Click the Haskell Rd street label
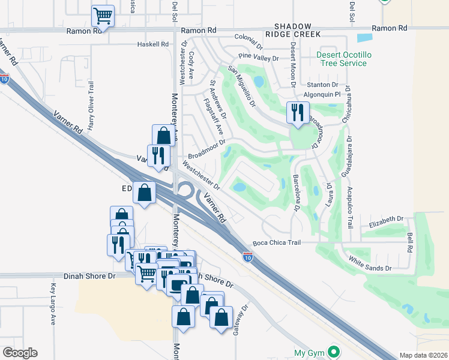pyautogui.click(x=152, y=44)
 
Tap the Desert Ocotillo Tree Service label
pyautogui.click(x=342, y=59)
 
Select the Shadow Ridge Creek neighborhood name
pyautogui.click(x=294, y=31)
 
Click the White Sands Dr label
pyautogui.click(x=370, y=263)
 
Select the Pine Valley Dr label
pyautogui.click(x=259, y=58)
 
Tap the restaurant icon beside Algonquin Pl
pyautogui.click(x=297, y=113)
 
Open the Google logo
pyautogui.click(x=20, y=353)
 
